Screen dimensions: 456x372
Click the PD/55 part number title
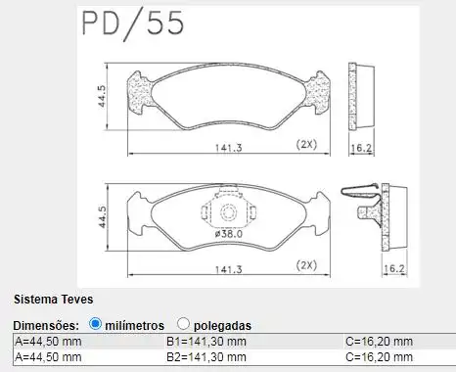coord(132,23)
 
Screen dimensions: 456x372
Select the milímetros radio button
coord(95,324)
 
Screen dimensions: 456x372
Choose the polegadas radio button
coord(183,324)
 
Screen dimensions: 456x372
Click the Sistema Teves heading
coord(53,300)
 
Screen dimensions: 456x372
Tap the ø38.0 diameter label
coord(229,234)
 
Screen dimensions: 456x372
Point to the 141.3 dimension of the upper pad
coord(228,148)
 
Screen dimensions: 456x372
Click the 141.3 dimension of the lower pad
coord(228,269)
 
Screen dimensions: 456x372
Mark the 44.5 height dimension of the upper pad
coord(102,96)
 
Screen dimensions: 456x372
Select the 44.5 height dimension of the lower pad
coord(102,217)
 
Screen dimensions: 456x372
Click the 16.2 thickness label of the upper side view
coord(361,148)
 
